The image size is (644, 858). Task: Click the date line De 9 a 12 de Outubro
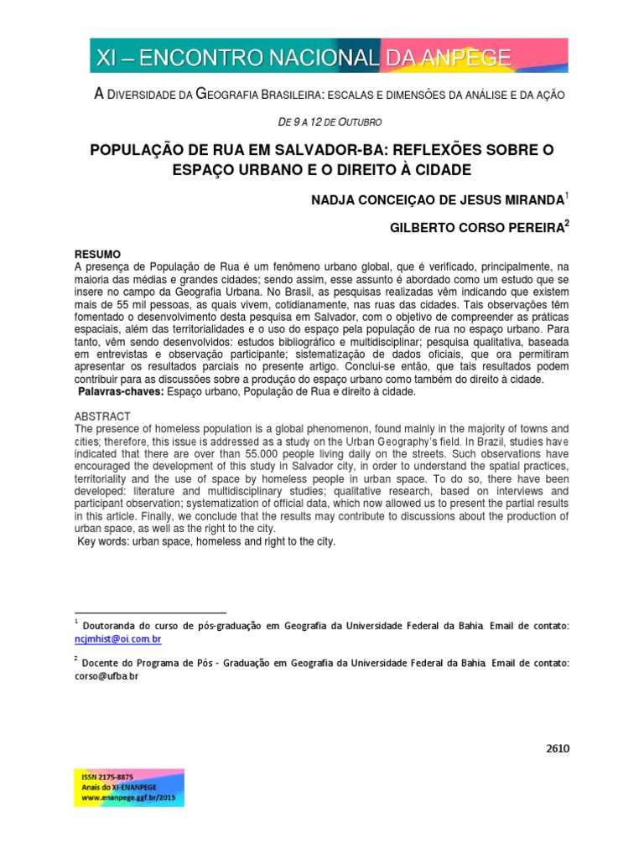point(323,123)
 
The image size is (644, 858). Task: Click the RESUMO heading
point(97,254)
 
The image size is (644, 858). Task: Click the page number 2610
point(557,749)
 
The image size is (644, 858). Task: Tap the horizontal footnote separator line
point(151,613)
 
